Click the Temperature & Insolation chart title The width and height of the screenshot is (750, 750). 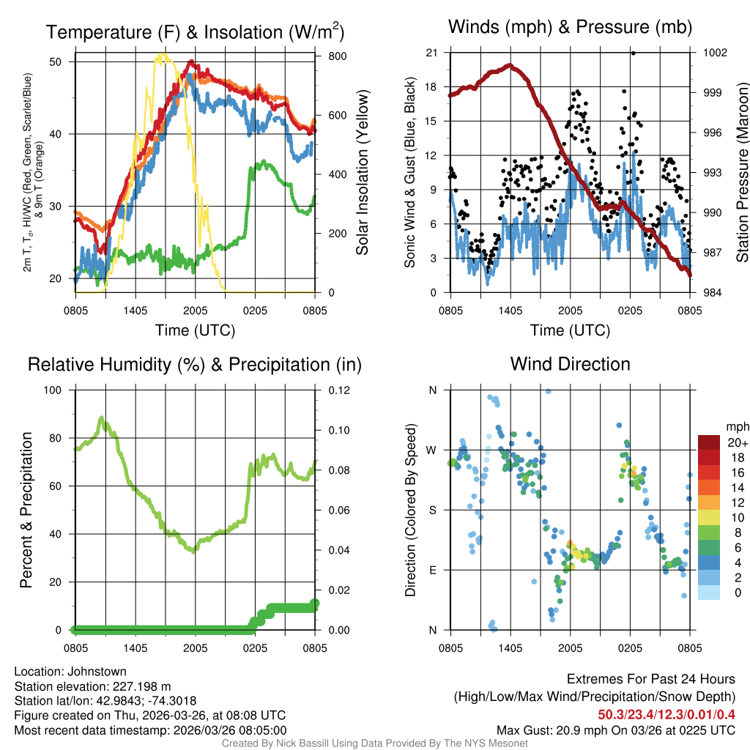tap(195, 32)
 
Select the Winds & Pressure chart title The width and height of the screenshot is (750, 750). tap(570, 28)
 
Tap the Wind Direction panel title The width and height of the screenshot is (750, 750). tap(570, 364)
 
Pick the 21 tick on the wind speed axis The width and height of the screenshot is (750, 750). tap(432, 53)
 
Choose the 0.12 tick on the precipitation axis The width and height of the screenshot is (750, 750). tap(330, 390)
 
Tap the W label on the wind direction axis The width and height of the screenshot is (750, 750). tap(432, 450)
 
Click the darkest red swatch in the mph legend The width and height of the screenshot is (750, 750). tap(709, 442)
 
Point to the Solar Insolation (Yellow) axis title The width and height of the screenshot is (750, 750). tap(362, 172)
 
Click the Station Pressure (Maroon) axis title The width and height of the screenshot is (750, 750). tap(741, 172)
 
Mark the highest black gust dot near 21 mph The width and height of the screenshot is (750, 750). tap(633, 53)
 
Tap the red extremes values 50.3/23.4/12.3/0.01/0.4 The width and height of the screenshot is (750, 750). tap(667, 715)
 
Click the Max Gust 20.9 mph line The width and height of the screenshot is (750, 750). tap(616, 729)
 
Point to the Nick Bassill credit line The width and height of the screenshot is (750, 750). tap(374, 743)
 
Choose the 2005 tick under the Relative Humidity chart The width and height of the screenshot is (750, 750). tap(196, 647)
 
